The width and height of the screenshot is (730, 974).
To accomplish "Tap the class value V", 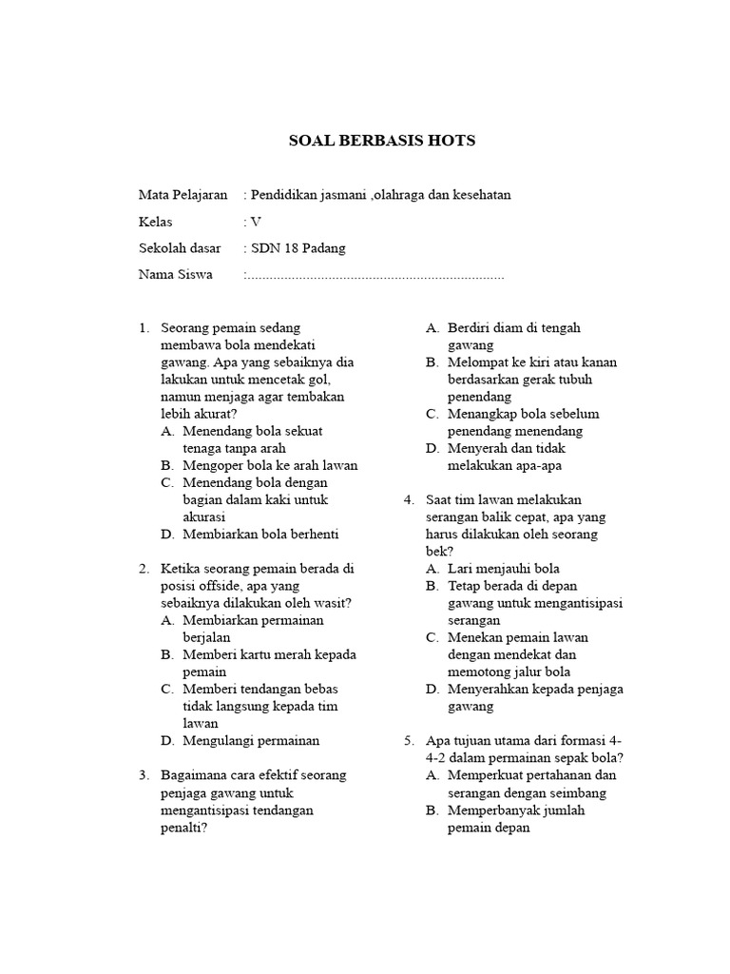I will click(x=256, y=222).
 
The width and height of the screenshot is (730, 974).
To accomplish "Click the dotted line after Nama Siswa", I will click(x=375, y=276).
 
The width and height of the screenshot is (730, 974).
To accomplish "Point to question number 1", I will click(x=144, y=328).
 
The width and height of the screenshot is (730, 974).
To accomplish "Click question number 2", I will click(x=144, y=569).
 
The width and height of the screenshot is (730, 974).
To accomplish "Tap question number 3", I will click(x=144, y=775).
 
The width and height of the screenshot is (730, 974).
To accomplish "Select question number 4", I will click(x=408, y=499).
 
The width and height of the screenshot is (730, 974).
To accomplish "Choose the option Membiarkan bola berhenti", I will click(x=260, y=535).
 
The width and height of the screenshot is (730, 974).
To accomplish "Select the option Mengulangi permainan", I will click(x=251, y=741).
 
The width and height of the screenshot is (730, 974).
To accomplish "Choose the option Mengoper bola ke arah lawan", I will click(x=269, y=465).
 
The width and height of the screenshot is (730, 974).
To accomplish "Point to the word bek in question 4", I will click(x=437, y=552).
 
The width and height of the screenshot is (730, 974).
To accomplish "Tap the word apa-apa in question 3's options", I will click(x=548, y=465).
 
